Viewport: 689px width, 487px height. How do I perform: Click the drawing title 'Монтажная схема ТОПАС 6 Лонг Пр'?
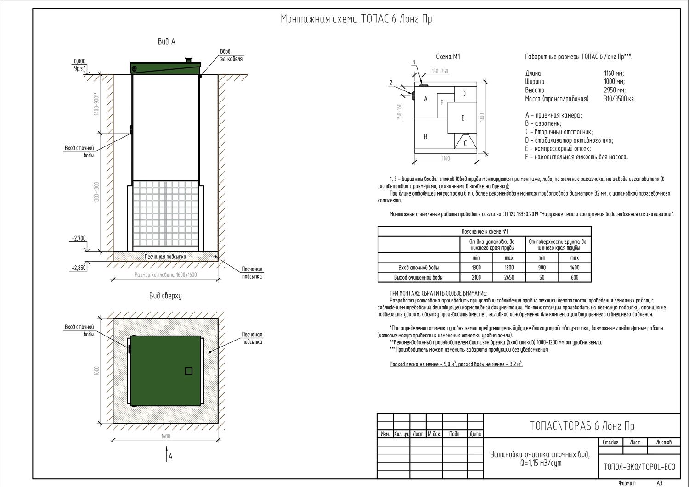(356, 19)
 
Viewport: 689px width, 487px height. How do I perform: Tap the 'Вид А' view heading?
(166, 42)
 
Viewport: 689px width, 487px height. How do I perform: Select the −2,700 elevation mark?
(79, 239)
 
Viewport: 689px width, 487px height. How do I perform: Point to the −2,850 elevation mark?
(79, 268)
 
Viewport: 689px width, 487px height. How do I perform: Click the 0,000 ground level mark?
(79, 61)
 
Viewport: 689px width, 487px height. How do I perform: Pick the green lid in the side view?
(165, 68)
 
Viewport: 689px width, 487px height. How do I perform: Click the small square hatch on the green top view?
(188, 371)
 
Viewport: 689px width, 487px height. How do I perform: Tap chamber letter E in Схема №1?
(463, 118)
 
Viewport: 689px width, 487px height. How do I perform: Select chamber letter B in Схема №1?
(426, 136)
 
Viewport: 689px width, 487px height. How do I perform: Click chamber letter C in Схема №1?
(465, 143)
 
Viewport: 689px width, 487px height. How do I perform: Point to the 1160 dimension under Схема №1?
(446, 158)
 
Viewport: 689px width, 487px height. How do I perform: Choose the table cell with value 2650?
(508, 277)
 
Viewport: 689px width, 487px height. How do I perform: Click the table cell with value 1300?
(476, 268)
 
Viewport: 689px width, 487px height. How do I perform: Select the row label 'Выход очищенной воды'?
(418, 277)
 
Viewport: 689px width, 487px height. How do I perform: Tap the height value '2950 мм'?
(615, 90)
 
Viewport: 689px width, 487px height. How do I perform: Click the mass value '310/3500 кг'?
(619, 99)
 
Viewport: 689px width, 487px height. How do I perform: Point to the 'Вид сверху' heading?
(165, 296)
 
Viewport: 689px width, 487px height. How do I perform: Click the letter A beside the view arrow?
(170, 457)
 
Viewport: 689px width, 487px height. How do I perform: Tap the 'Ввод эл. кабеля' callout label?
(231, 55)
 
